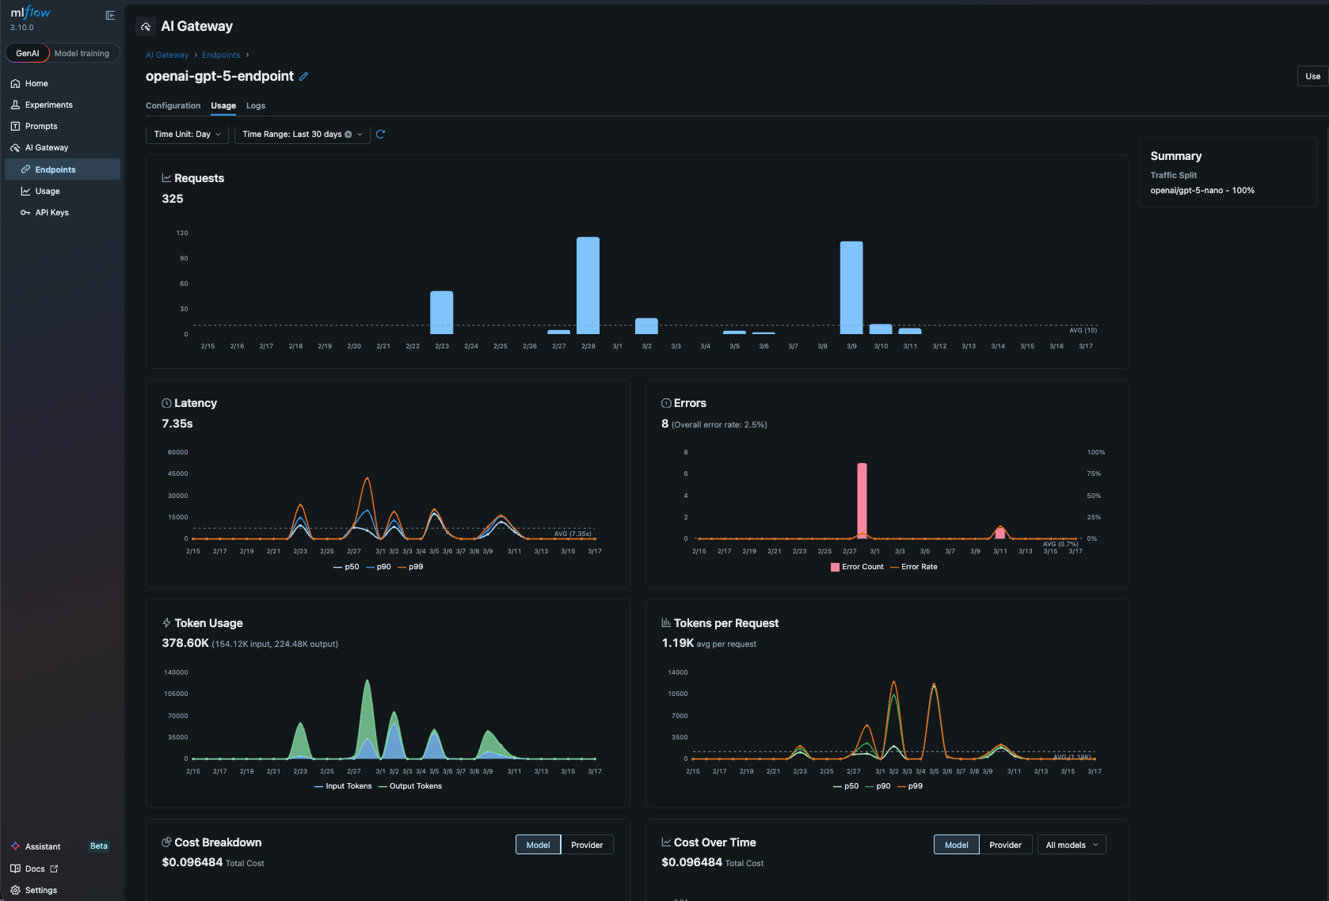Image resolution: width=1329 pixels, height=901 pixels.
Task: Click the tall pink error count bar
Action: coord(862,500)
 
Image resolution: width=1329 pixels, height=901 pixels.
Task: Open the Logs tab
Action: coord(256,105)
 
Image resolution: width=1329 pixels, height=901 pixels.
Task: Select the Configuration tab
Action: coord(173,105)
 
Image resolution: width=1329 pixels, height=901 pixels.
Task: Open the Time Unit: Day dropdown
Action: coord(187,135)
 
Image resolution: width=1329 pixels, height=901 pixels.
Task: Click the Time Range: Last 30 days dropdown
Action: coord(302,135)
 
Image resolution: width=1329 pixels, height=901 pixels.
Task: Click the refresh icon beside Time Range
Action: coord(380,135)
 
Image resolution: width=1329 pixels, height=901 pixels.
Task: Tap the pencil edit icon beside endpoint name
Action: coord(303,77)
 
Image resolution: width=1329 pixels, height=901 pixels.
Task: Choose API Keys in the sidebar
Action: coord(51,212)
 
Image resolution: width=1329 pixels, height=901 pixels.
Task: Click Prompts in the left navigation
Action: coord(41,126)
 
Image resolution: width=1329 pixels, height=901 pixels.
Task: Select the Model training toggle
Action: coord(82,53)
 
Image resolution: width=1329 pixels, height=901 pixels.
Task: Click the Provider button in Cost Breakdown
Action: coord(587,845)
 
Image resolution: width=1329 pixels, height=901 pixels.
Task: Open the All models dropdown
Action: coord(1071,845)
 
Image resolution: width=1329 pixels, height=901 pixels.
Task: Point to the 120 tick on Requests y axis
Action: coord(182,233)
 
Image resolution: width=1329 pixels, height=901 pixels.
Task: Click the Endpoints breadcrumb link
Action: coord(221,55)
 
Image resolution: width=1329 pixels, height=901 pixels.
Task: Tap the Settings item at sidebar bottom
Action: coord(40,890)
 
